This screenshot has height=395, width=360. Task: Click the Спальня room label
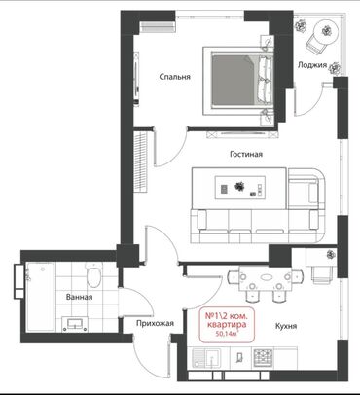(174, 77)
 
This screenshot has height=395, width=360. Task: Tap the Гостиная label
(246, 154)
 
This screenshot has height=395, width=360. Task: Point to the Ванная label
(79, 297)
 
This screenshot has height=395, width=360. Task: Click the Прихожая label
(155, 323)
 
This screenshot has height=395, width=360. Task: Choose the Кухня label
(286, 326)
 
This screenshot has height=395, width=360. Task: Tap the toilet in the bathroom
(93, 275)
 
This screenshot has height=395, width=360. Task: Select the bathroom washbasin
(75, 324)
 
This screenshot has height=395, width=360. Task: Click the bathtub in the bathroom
(41, 297)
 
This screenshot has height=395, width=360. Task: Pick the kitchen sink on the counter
(206, 358)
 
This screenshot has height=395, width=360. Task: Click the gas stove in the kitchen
(264, 357)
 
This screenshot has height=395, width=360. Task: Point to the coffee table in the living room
(240, 188)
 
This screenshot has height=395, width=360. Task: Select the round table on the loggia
(326, 31)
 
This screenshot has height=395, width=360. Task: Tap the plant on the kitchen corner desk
(331, 255)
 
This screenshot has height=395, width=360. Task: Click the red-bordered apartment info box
(226, 325)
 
